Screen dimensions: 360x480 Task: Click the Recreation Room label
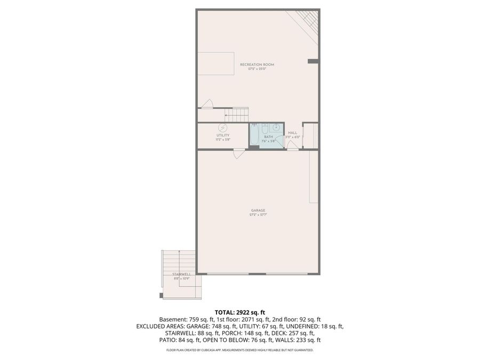[257, 65]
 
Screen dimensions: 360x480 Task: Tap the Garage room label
[258, 210]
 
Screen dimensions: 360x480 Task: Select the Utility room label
[222, 135]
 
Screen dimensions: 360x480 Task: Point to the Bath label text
[268, 137]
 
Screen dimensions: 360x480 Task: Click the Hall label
[292, 132]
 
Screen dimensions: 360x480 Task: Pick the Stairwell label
[181, 274]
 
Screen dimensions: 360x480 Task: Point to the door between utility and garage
[239, 154]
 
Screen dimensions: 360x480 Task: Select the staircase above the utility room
[236, 114]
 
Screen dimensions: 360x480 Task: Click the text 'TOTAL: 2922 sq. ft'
[239, 312]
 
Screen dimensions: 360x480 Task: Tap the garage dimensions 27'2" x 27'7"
[258, 215]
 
